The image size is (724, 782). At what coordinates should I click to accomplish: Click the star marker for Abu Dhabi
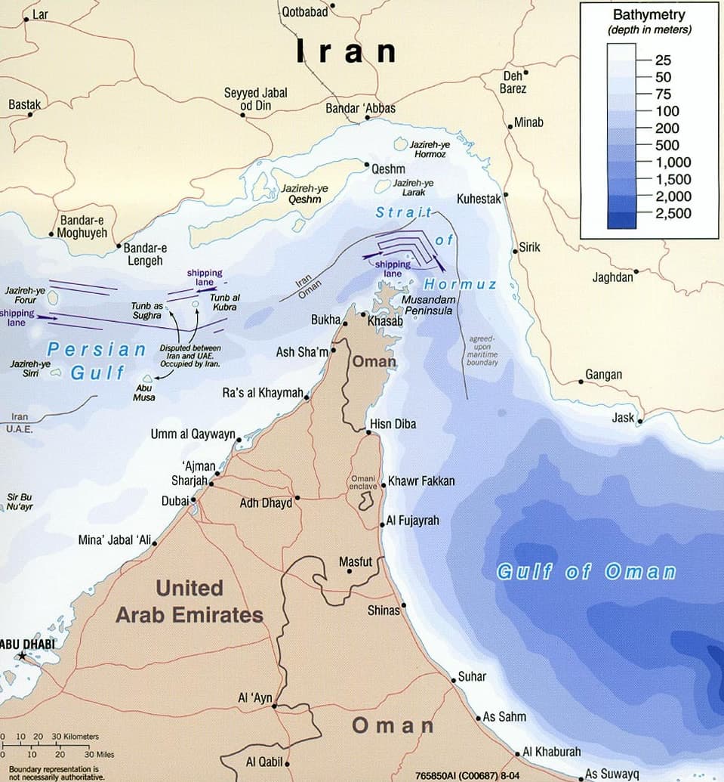22,657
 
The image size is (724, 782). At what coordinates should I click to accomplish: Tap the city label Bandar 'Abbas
360,109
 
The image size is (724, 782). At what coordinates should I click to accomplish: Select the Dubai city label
174,501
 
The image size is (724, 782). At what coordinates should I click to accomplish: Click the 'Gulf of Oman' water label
586,571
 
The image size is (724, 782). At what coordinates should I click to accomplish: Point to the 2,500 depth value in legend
673,214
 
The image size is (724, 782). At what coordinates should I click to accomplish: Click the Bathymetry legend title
649,14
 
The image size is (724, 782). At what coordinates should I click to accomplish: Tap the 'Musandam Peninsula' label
428,305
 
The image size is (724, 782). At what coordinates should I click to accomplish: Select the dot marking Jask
640,421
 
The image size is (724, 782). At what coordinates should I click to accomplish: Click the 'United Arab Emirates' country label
189,601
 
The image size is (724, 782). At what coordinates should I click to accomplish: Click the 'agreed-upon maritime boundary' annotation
482,351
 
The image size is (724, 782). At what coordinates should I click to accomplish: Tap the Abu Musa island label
143,393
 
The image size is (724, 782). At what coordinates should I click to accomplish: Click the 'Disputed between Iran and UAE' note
190,355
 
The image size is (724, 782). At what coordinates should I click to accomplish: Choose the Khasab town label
385,321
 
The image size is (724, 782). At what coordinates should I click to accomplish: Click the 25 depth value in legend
663,60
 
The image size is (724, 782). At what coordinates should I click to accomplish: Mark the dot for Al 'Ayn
275,706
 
